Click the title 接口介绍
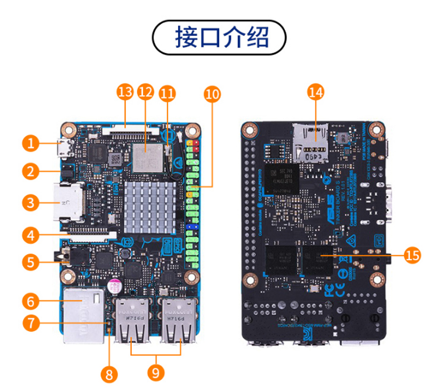(x=222, y=37)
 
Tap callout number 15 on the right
(x=412, y=255)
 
